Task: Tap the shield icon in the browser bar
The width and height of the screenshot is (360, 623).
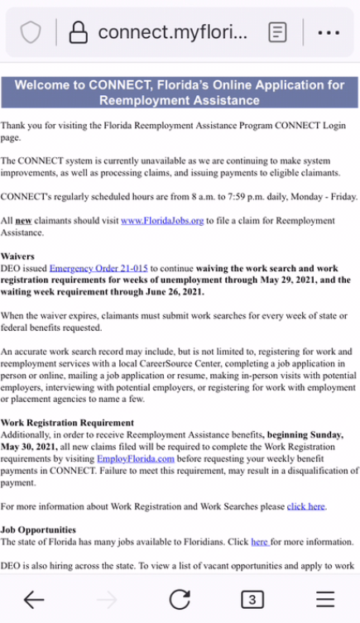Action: [x=31, y=32]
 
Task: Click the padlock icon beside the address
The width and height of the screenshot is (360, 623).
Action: [x=78, y=32]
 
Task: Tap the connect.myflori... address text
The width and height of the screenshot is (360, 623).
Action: [x=172, y=32]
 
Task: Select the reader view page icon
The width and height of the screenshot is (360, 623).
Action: [x=278, y=32]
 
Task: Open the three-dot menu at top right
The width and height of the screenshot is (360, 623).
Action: [x=329, y=32]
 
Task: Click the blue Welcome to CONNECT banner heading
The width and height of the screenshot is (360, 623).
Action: [x=180, y=93]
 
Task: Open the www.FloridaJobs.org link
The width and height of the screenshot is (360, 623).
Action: [x=162, y=221]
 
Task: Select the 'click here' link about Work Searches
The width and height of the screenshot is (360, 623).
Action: [x=306, y=506]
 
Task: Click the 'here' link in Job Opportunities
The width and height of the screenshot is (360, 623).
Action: [x=260, y=542]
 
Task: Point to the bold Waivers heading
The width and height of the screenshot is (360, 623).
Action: [x=18, y=256]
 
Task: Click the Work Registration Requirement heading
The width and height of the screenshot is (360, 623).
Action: [x=67, y=422]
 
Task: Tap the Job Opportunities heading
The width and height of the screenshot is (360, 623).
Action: [x=38, y=530]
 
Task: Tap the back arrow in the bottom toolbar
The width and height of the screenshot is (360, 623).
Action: [x=34, y=599]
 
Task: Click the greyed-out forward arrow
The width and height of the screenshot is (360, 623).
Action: [x=107, y=599]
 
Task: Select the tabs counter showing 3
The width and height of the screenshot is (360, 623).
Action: [x=252, y=599]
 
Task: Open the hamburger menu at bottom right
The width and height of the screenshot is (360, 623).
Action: [x=325, y=599]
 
